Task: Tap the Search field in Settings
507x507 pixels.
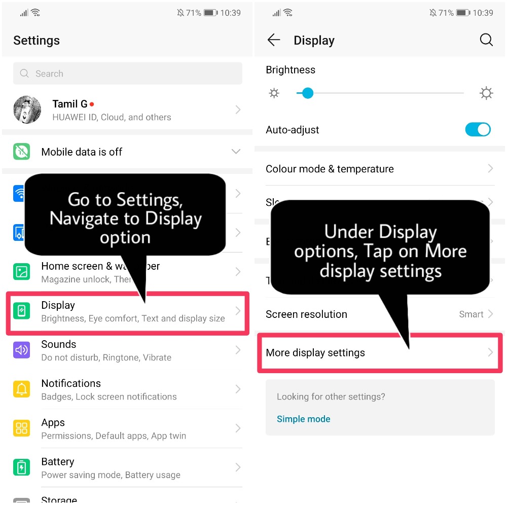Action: [127, 74]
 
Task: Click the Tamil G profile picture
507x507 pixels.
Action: [27, 110]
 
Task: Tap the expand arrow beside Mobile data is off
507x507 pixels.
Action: [236, 152]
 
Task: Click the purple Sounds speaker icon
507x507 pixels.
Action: [22, 350]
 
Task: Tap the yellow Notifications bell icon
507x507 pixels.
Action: [22, 389]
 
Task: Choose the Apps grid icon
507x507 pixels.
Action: [22, 428]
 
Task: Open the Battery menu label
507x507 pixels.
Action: [58, 462]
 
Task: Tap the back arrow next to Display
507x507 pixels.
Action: [274, 41]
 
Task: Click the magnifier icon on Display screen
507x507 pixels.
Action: [486, 41]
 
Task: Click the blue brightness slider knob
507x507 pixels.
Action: [307, 93]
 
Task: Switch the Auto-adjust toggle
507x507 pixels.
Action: [478, 130]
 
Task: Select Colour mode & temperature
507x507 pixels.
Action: [330, 169]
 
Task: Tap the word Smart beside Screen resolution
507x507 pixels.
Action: [471, 314]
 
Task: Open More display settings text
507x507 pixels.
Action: [315, 353]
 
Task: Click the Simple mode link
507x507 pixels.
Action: [303, 419]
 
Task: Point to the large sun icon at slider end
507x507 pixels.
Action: [486, 93]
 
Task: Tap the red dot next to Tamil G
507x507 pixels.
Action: [92, 104]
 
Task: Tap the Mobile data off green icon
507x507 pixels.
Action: [22, 152]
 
